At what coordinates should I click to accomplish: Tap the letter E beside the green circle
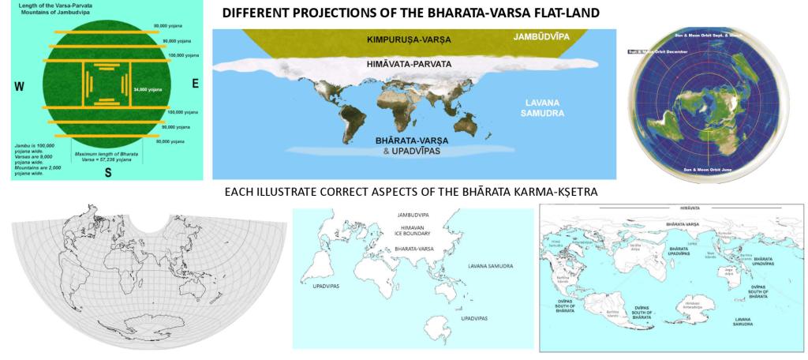point(193,83)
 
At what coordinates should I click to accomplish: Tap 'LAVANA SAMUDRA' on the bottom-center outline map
point(490,267)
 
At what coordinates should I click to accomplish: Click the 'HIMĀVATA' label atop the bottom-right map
point(671,208)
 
